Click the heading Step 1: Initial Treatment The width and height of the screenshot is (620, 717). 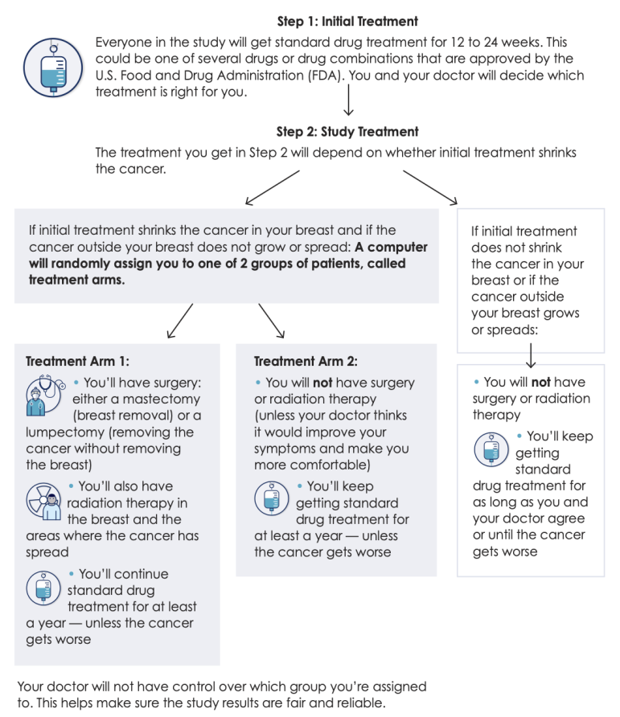(347, 22)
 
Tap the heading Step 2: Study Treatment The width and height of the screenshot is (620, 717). (347, 132)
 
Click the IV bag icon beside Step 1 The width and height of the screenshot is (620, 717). (53, 68)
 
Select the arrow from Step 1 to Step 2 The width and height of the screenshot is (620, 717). (349, 100)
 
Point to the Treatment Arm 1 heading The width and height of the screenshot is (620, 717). (77, 361)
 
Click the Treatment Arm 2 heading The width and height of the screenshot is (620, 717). (306, 361)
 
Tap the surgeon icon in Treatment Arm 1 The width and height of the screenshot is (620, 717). (45, 395)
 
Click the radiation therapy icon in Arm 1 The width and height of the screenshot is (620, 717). (44, 502)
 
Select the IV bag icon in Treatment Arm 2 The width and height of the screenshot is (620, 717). (272, 498)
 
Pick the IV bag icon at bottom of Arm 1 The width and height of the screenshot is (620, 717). (43, 588)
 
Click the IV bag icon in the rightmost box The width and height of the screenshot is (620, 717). (491, 449)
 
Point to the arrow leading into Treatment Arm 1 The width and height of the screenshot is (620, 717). (180, 321)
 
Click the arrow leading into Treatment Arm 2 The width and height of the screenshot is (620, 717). (271, 321)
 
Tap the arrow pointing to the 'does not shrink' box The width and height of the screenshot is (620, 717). (430, 187)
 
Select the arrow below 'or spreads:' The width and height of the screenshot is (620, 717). (531, 356)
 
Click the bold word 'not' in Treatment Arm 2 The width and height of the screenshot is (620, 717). (322, 383)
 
